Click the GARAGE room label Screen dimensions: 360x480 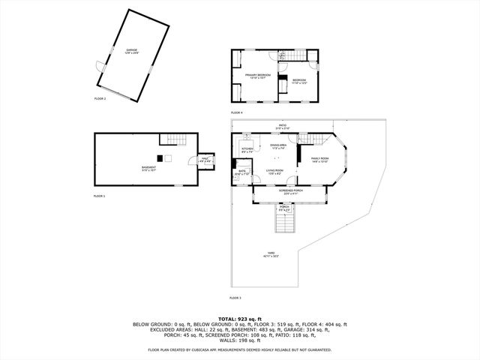coord(132,51)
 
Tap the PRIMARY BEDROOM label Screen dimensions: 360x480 coord(258,76)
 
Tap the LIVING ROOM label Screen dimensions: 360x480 coord(274,171)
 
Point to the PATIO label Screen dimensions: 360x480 coord(283,125)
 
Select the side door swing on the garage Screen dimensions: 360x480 coord(97,68)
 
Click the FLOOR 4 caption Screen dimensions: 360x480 coord(236,112)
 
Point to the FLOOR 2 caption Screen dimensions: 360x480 coord(100,99)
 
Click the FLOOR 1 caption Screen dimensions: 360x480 coord(99,195)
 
